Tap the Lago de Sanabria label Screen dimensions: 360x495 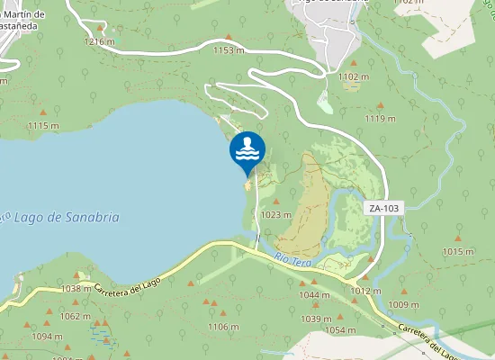pyautogui.click(x=68, y=218)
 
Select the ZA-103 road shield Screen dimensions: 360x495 pyautogui.click(x=383, y=208)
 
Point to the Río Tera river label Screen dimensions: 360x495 pyautogui.click(x=292, y=260)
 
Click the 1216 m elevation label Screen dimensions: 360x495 pyautogui.click(x=98, y=41)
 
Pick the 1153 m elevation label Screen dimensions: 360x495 pyautogui.click(x=228, y=50)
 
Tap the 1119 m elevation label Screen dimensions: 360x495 pyautogui.click(x=379, y=118)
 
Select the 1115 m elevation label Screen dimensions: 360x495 pyautogui.click(x=43, y=125)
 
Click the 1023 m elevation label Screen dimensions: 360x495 pyautogui.click(x=275, y=215)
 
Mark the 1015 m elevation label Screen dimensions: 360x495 pyautogui.click(x=457, y=251)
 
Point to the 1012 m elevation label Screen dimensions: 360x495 pyautogui.click(x=366, y=291)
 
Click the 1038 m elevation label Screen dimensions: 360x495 pyautogui.click(x=77, y=289)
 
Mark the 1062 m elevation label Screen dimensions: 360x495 pyautogui.click(x=75, y=316)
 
